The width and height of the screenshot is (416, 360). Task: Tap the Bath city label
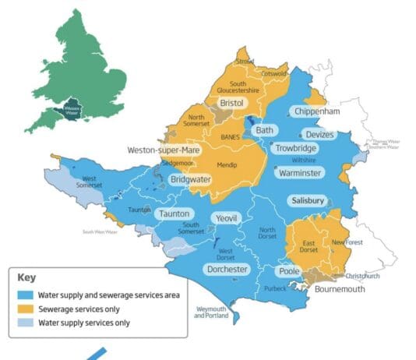pyautogui.click(x=265, y=130)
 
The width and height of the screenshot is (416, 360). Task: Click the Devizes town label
pyautogui.click(x=320, y=135)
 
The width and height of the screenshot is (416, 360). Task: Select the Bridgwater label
pyautogui.click(x=190, y=179)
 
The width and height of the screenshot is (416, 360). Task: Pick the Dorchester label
pyautogui.click(x=227, y=270)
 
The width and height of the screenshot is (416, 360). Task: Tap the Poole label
pyautogui.click(x=290, y=271)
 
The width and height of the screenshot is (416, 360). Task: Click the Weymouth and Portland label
pyautogui.click(x=211, y=313)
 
